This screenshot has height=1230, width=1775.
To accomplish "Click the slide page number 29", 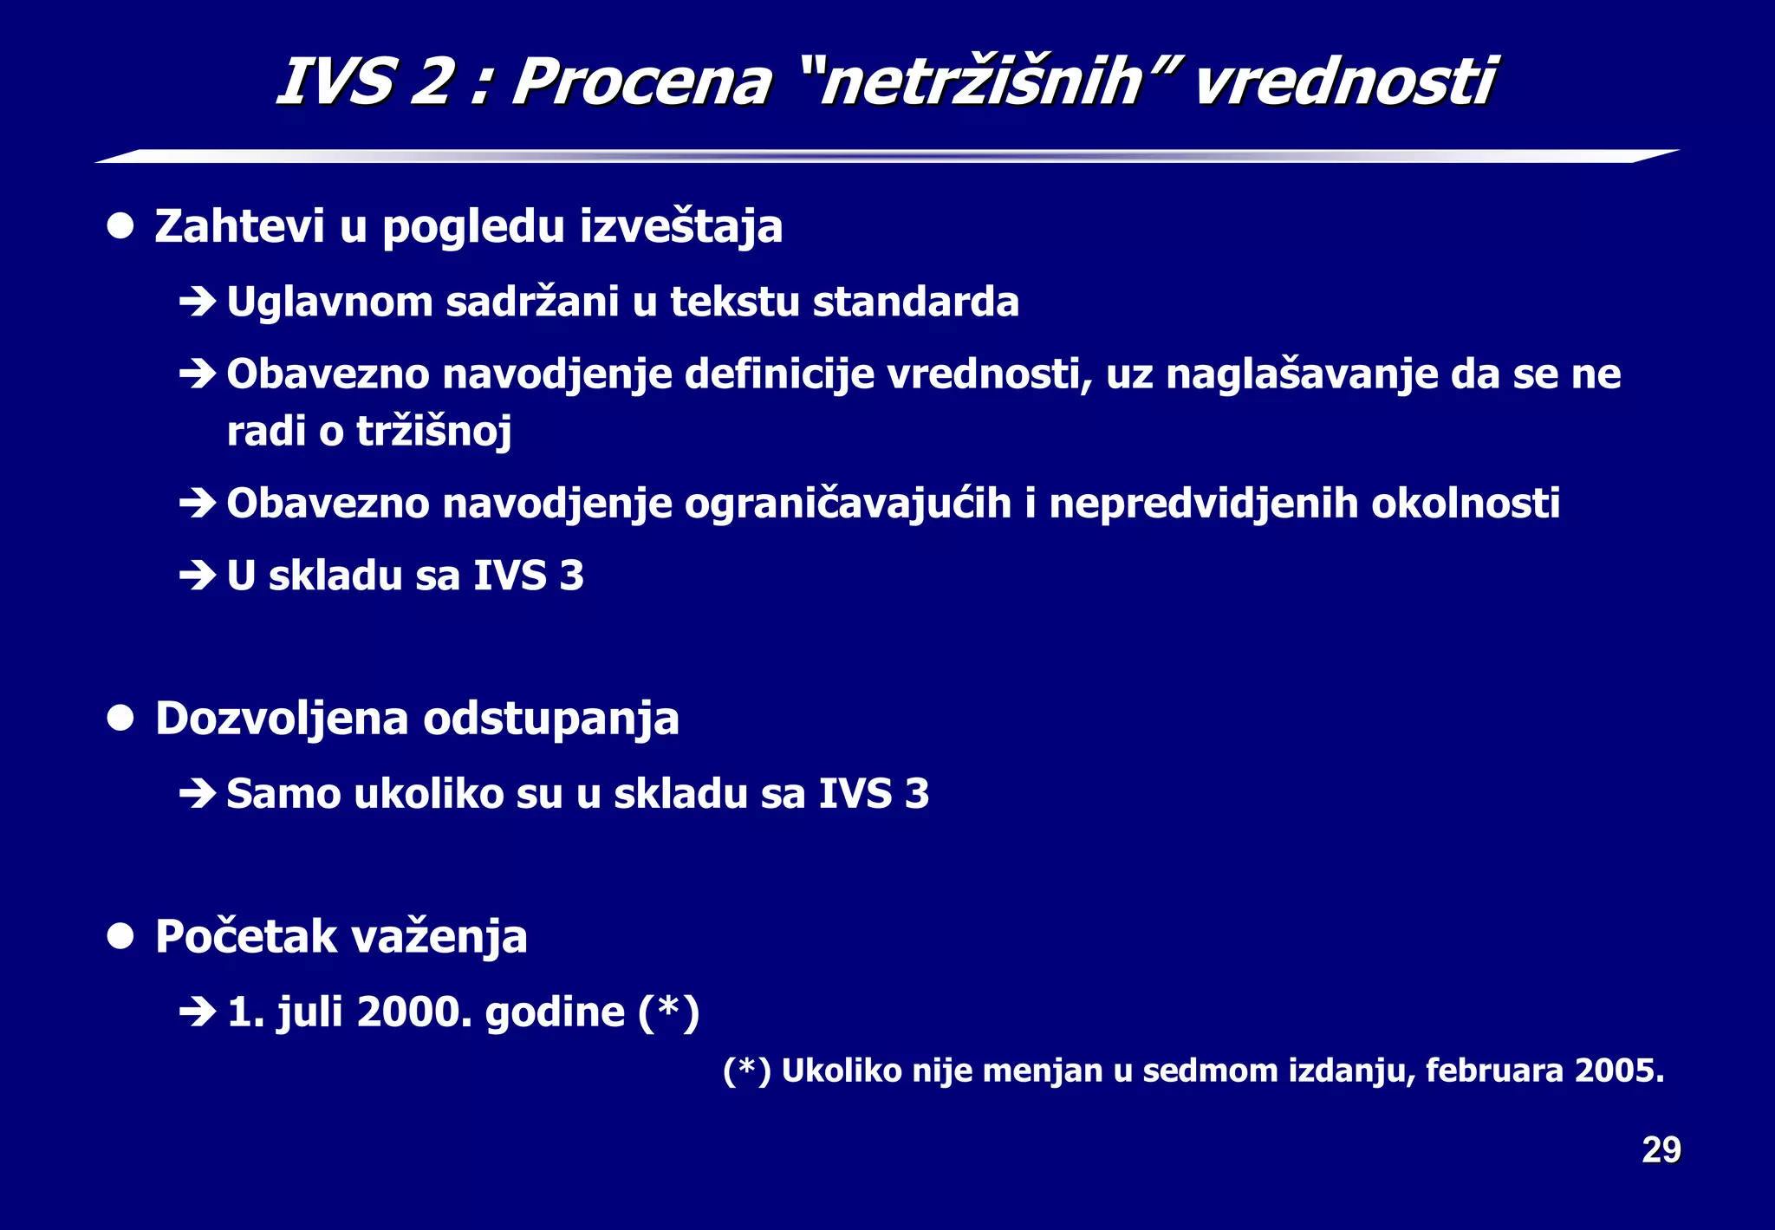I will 1661,1150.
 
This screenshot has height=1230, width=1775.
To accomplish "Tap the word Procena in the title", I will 641,82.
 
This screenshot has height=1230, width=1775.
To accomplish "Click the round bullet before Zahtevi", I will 120,226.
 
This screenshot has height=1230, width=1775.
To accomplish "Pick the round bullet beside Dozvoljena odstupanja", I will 120,719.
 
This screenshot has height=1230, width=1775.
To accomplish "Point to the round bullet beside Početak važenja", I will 120,937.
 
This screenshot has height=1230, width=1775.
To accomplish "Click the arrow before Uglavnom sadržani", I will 198,303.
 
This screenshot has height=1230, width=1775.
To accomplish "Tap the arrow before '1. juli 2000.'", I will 198,1012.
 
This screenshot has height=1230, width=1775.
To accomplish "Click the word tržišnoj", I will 434,432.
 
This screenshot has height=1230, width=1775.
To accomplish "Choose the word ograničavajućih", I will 848,504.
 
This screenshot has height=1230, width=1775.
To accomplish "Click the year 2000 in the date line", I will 414,1012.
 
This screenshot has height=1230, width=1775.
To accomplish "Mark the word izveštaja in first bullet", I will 680,227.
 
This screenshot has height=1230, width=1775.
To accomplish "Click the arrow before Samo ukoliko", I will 198,794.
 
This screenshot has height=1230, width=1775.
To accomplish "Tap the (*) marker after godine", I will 668,1012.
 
